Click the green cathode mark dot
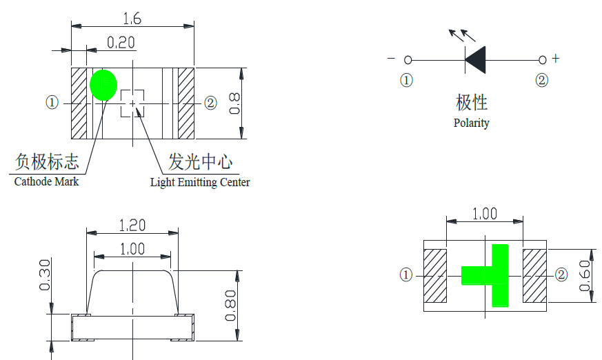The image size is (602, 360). click(x=103, y=86)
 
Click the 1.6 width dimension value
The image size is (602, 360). click(x=132, y=19)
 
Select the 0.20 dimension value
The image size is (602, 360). click(x=121, y=43)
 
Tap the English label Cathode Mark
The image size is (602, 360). click(x=46, y=181)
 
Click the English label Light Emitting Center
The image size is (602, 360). click(x=200, y=182)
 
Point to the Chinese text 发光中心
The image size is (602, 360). click(x=200, y=162)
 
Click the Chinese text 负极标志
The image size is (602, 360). click(x=47, y=162)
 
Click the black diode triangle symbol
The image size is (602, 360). click(x=476, y=60)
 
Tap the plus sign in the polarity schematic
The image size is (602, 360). click(x=556, y=59)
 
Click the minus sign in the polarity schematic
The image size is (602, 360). click(x=391, y=59)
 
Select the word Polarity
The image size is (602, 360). click(x=471, y=123)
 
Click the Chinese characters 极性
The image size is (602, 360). click(x=472, y=103)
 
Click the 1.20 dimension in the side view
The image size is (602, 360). click(x=132, y=225)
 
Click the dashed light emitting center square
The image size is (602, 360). click(x=132, y=103)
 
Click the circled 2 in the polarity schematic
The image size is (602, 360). click(x=542, y=81)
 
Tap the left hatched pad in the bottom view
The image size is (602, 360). click(x=434, y=275)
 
